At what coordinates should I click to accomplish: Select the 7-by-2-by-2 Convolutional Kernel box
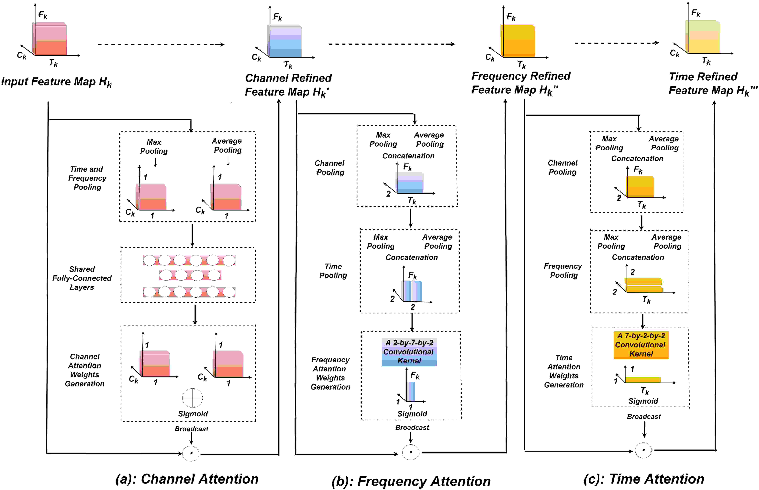(641, 345)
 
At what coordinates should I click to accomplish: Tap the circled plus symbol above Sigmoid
(192, 398)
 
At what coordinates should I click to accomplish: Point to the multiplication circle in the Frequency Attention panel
(410, 452)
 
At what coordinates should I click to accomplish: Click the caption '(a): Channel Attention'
(187, 479)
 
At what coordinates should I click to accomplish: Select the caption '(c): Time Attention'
(644, 479)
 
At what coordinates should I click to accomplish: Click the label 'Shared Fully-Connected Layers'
(82, 278)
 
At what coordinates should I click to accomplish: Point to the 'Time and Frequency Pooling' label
(87, 178)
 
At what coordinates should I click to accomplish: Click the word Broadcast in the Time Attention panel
(643, 416)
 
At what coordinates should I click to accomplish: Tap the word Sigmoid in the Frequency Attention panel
(412, 414)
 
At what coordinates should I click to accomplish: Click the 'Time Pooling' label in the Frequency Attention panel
(333, 271)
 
